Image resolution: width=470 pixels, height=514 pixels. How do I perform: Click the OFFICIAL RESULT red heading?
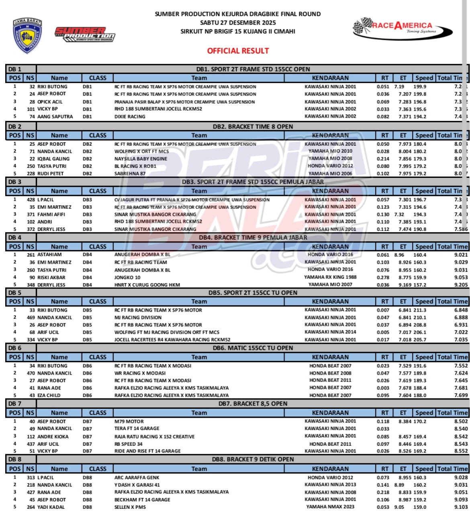pos(238,51)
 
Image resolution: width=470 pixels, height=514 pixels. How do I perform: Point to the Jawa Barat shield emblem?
pos(28,35)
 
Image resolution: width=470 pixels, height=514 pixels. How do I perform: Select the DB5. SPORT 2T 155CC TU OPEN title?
pos(253,293)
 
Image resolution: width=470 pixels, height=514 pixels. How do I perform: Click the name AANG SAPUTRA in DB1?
pos(55,116)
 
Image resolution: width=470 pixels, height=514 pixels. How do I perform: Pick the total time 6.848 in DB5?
pos(461,310)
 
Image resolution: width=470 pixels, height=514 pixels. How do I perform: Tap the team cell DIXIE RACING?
pos(130,116)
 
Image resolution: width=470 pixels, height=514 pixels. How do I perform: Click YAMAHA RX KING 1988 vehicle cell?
pos(330,277)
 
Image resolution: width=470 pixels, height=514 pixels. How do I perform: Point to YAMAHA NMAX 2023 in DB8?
pos(330,507)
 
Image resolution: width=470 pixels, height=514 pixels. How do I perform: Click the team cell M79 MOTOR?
pos(129,422)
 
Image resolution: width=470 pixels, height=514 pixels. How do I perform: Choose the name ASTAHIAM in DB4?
pos(49,255)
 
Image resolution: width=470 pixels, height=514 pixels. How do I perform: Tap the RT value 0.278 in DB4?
pos(383,277)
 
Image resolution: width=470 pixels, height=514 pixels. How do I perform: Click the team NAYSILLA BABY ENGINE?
pos(141,159)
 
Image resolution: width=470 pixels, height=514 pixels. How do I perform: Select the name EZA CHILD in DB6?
pos(49,395)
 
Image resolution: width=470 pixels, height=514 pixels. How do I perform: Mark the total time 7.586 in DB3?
pos(461,229)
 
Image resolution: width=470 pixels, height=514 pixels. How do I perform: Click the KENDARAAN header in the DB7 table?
pos(330,413)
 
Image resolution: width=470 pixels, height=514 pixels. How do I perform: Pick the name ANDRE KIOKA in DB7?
pos(53,436)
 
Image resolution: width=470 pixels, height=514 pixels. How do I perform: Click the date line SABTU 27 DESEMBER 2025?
pos(238,22)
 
